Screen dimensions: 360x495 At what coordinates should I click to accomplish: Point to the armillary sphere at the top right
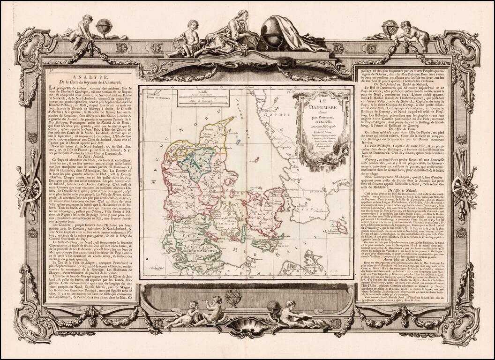pos(389,30)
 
